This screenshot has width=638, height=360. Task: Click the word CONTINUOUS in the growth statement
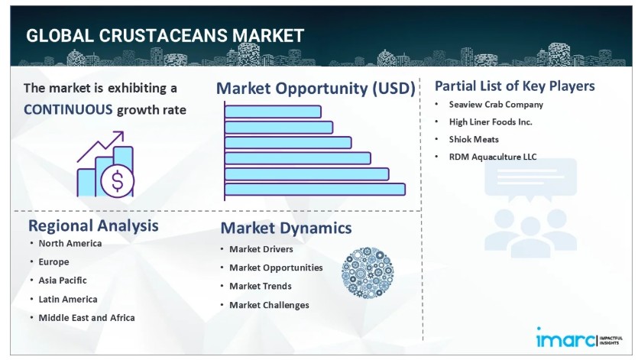click(x=68, y=109)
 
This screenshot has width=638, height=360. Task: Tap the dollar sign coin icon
click(x=117, y=180)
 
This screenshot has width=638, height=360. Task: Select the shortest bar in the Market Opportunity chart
click(x=273, y=112)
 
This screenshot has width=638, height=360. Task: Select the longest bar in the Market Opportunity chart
click(x=315, y=190)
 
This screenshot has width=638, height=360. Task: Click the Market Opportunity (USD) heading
click(x=316, y=89)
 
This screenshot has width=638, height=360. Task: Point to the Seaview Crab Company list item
click(x=496, y=105)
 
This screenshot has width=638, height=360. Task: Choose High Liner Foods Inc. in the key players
click(x=491, y=122)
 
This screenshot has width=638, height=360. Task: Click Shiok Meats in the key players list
click(x=474, y=139)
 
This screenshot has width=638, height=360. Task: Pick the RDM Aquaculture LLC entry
click(x=493, y=157)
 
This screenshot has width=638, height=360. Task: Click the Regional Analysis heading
click(x=93, y=225)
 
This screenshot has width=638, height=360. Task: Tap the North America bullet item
click(x=70, y=244)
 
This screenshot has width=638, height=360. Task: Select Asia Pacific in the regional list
click(x=63, y=281)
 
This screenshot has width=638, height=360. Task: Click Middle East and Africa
click(x=86, y=318)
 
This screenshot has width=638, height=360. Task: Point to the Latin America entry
click(x=68, y=300)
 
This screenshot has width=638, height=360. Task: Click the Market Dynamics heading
click(x=286, y=228)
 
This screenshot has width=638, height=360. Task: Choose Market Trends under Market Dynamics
click(x=261, y=287)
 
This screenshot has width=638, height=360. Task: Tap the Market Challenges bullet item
click(x=269, y=305)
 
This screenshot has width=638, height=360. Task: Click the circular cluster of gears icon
click(x=368, y=272)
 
